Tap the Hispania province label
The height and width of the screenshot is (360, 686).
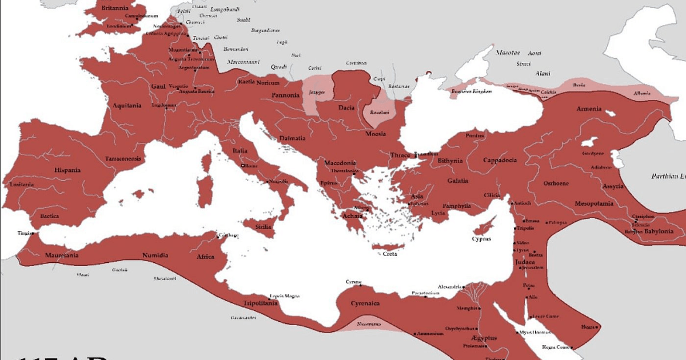67,170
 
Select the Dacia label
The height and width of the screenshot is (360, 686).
346,107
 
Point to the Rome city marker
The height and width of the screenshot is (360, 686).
243,166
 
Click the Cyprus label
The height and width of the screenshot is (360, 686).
481,239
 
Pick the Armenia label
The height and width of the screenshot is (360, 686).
589,109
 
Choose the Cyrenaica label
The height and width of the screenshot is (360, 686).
365,303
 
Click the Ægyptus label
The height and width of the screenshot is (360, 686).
480,338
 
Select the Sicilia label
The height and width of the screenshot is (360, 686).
263,227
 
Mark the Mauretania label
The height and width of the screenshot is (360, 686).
62,255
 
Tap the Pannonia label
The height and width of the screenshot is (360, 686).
285,95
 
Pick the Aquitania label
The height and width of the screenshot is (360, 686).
127,105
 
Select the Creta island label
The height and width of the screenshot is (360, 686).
389,254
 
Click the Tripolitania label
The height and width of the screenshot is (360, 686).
261,303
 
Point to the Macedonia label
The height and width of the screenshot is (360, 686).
340,163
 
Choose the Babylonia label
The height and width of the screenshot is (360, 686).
659,231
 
